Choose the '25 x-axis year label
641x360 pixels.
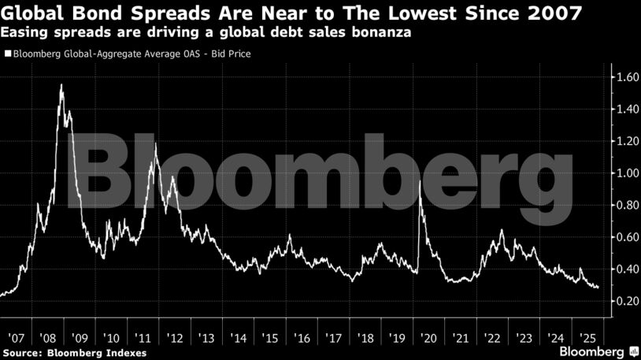[587, 334]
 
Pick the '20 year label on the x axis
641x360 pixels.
[428, 334]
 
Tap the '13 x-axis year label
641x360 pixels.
[207, 334]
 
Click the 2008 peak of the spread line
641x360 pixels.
[61, 84]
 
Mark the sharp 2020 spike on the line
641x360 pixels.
[420, 181]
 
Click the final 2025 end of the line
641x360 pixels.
[598, 288]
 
